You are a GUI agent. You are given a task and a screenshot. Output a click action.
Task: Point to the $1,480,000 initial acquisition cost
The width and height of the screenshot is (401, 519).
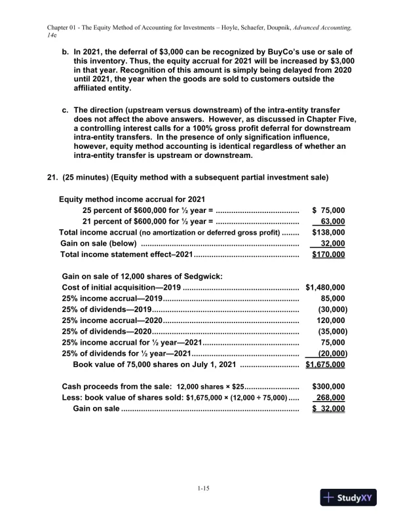point(326,287)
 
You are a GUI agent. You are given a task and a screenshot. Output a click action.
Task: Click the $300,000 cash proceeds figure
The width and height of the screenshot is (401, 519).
point(330,387)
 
